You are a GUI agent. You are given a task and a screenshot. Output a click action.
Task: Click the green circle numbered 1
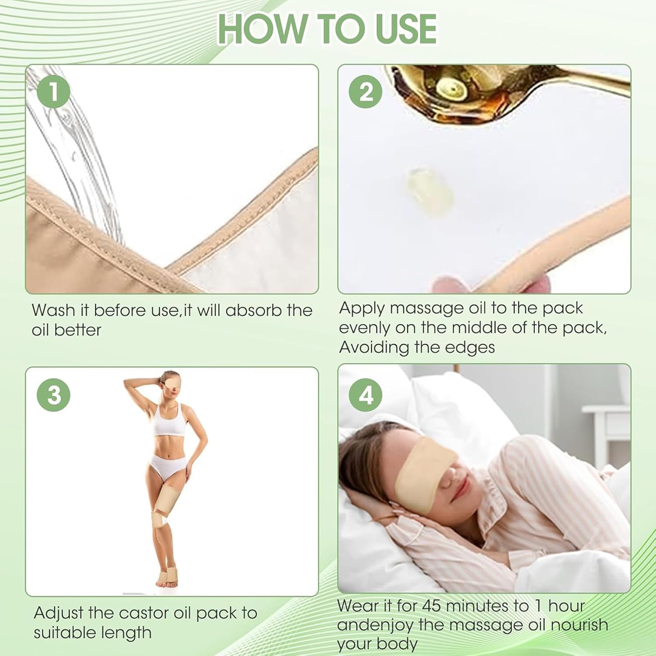[54, 92]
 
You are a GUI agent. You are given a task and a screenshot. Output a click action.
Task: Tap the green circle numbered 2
[366, 92]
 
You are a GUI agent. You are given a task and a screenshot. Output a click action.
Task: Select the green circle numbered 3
[54, 395]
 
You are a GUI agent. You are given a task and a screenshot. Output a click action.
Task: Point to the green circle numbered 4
[366, 395]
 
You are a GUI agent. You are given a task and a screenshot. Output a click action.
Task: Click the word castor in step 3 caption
[143, 613]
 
